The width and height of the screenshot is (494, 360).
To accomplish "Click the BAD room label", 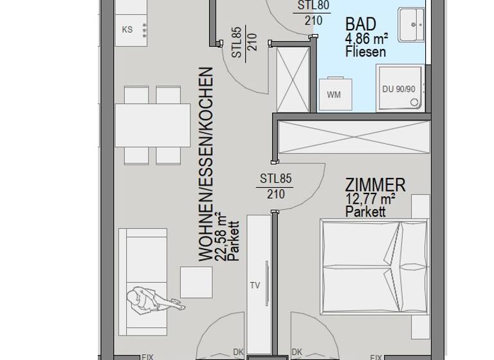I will [x=360, y=24].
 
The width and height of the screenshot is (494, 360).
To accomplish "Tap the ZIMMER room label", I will [x=375, y=185].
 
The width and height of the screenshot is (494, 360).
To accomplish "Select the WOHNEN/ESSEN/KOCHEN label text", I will [x=205, y=164].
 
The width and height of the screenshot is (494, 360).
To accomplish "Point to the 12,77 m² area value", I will [x=370, y=199].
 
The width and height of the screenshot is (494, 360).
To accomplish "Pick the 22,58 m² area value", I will [x=221, y=237].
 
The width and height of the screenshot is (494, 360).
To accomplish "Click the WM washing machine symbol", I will [x=334, y=94].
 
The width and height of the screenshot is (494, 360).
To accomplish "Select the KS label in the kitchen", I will [x=127, y=30].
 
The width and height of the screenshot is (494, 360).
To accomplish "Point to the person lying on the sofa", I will [x=150, y=301].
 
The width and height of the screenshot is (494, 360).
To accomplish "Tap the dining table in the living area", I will [x=152, y=125].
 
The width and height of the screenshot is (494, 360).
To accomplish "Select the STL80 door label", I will [x=313, y=6].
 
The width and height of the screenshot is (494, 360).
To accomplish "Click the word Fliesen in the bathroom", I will [x=365, y=51].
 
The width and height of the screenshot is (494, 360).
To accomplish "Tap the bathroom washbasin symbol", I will [x=410, y=25].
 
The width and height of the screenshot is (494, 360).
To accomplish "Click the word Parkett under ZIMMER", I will [x=365, y=211].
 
